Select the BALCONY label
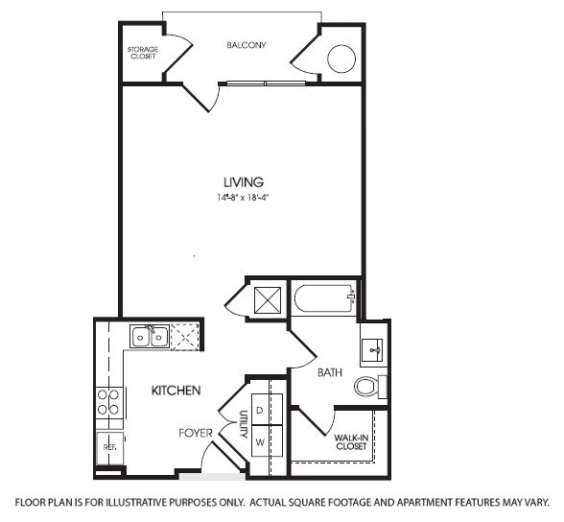(x=246, y=45)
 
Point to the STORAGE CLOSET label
(x=142, y=53)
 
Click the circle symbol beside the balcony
(x=342, y=60)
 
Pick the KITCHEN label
(x=176, y=391)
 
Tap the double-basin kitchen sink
(x=151, y=337)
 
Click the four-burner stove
(x=109, y=401)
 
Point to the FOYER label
(x=196, y=433)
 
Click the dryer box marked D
(x=260, y=410)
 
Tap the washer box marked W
(x=260, y=442)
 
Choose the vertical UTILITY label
(x=244, y=426)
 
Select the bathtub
(x=323, y=298)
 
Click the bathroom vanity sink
(x=371, y=349)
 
